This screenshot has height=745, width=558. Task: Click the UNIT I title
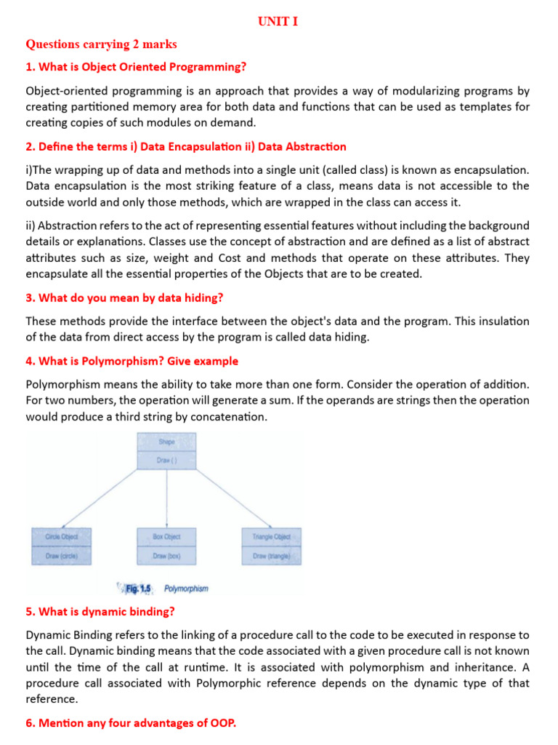pos(278,22)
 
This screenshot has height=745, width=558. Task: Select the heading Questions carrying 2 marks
pos(101,44)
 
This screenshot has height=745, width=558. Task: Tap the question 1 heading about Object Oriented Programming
pos(136,68)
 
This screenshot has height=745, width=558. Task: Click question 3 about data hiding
pos(125,298)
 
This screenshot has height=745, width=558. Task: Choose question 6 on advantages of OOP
pos(131,724)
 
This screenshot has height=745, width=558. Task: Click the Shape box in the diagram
pos(166,442)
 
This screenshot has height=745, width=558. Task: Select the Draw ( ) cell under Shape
pos(166,460)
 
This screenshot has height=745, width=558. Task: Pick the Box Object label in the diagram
pos(166,537)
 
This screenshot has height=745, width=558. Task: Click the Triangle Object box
pos(271,537)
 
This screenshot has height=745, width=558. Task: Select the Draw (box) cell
pos(166,556)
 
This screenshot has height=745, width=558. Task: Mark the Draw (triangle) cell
pos(271,556)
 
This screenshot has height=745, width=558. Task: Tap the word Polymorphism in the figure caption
pos(186,587)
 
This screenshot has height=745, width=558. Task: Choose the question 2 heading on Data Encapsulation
pos(185,147)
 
